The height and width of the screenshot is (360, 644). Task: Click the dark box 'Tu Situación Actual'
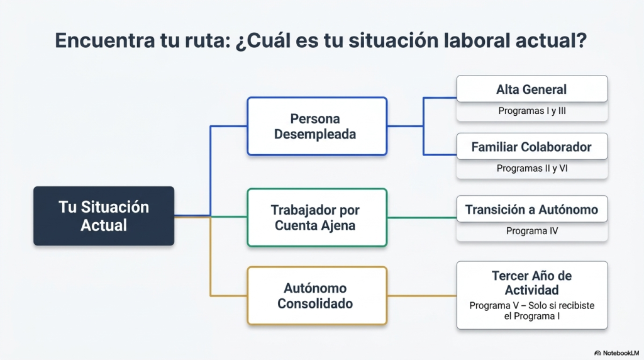(x=104, y=216)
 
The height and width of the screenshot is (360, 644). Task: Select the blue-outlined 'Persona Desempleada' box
(x=317, y=126)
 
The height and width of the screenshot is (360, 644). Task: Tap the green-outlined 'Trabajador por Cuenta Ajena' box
(x=317, y=217)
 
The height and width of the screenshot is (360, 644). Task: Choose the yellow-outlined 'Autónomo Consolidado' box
(x=317, y=295)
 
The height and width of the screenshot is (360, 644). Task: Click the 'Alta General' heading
(x=531, y=89)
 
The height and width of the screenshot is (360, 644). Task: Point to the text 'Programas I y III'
(x=532, y=111)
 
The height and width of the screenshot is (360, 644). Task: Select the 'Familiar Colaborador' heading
(x=531, y=147)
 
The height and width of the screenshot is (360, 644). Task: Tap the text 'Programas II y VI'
(x=532, y=168)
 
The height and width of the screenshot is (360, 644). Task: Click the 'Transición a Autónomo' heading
(x=531, y=210)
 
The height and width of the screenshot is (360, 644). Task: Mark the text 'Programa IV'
(x=532, y=231)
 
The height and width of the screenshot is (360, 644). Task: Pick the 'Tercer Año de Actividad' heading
(x=532, y=283)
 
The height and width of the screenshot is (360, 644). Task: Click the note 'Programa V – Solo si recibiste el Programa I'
(x=532, y=311)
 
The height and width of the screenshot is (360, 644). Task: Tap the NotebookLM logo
(x=616, y=353)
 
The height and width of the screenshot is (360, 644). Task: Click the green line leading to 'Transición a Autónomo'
(x=422, y=217)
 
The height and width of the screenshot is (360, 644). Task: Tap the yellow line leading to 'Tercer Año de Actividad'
(x=422, y=295)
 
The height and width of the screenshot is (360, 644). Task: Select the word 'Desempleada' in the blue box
(x=315, y=135)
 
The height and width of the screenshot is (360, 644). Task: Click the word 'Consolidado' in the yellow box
(x=315, y=303)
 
